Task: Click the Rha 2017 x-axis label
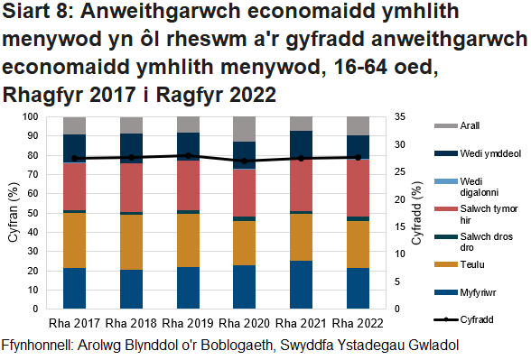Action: click(x=74, y=323)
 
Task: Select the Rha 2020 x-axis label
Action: click(x=245, y=323)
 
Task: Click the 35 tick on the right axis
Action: click(x=403, y=117)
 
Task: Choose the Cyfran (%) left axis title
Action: click(x=12, y=213)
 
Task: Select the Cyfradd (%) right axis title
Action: click(x=417, y=213)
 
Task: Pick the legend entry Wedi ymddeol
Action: click(x=489, y=154)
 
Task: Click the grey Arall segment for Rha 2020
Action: click(x=245, y=129)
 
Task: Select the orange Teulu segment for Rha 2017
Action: click(x=74, y=240)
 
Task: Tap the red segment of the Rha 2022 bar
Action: click(x=359, y=188)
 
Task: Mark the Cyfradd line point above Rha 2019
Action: click(x=188, y=155)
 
